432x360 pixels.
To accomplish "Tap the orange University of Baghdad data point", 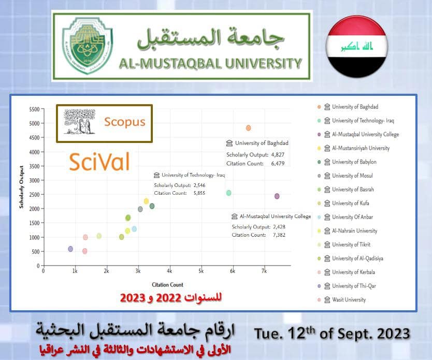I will tap(249, 128).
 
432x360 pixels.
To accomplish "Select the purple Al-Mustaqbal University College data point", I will tap(277, 196).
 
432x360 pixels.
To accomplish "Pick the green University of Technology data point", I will tap(228, 193).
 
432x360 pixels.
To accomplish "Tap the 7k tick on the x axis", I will tap(264, 271).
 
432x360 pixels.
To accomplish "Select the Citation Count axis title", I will tap(167, 284).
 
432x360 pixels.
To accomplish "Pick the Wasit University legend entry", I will tap(349, 299).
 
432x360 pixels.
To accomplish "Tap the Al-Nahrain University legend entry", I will tap(354, 231).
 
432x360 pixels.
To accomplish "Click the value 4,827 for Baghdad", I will tap(275, 154).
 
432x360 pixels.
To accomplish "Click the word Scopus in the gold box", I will tap(124, 122).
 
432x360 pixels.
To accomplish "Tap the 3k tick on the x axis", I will tap(138, 271).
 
